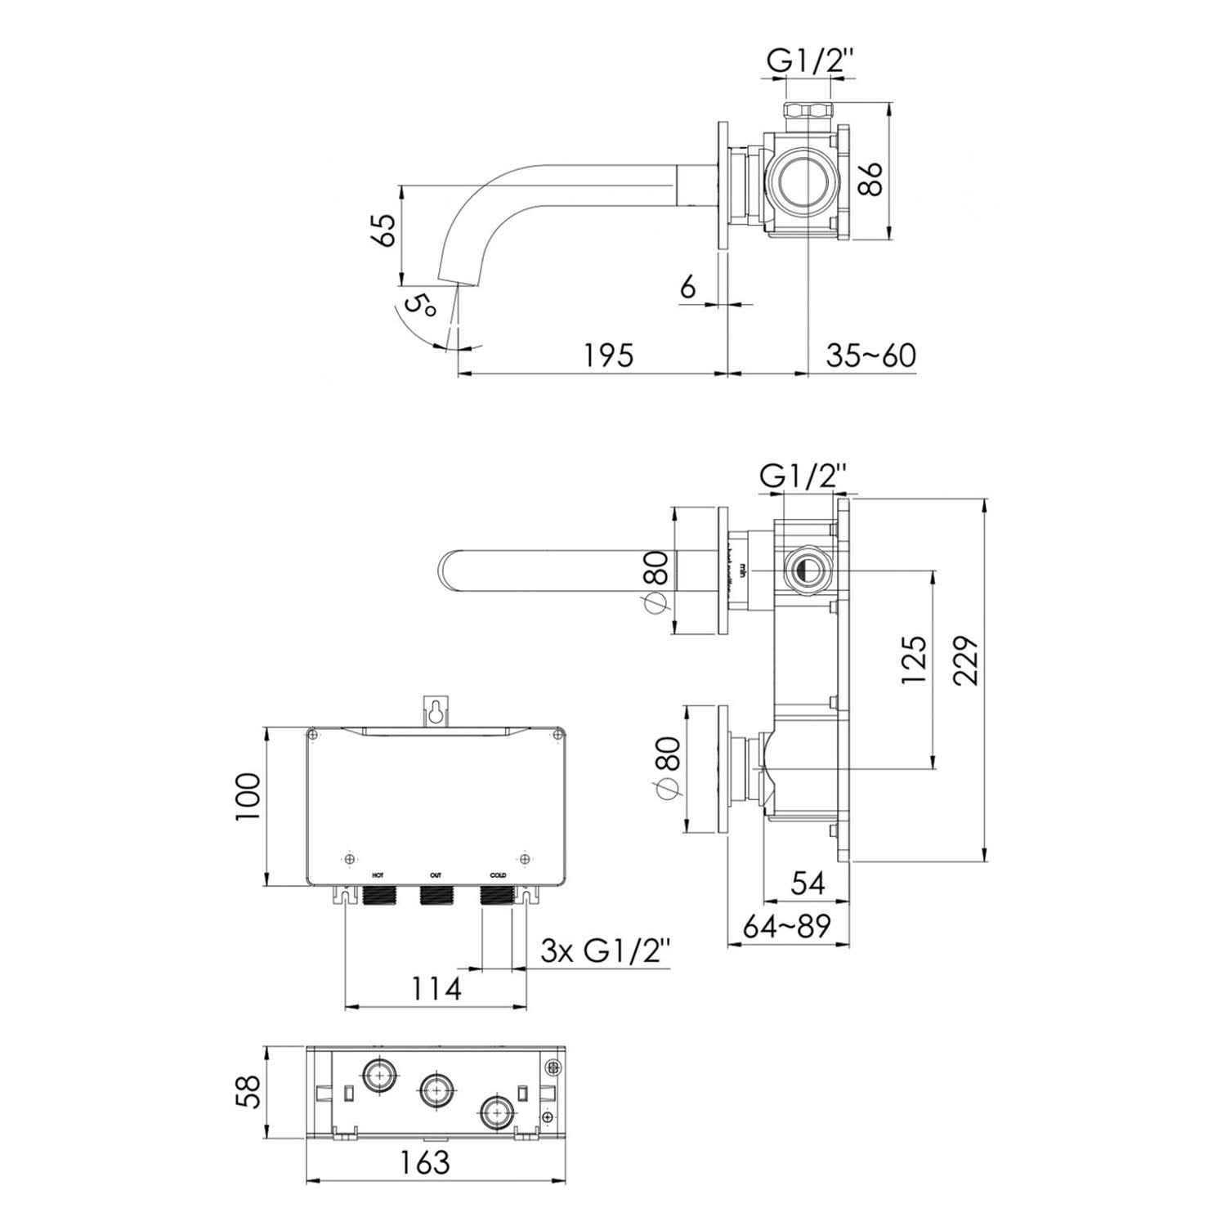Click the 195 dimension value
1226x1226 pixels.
tap(609, 356)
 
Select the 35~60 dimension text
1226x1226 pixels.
tap(871, 356)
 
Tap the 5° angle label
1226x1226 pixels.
tap(422, 307)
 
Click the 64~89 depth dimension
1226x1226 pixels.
tap(786, 926)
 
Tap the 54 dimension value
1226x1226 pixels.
tap(808, 882)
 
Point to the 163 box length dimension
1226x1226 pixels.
tap(427, 1161)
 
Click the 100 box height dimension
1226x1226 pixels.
tap(248, 798)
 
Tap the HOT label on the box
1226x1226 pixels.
tap(378, 875)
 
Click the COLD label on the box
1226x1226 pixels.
tap(498, 875)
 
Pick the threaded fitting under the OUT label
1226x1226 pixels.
tap(436, 896)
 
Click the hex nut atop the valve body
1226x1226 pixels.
tap(808, 112)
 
